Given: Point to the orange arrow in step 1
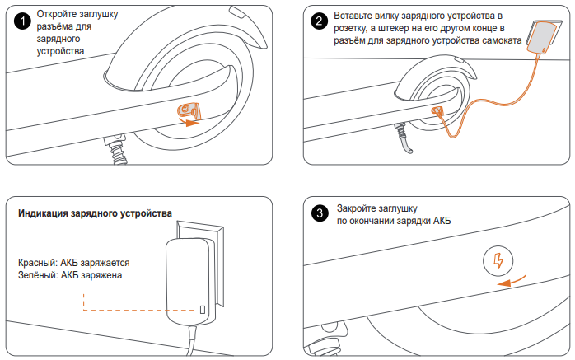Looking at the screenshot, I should (192, 123).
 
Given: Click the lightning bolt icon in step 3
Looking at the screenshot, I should (497, 262).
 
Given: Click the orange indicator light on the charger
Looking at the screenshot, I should (203, 310).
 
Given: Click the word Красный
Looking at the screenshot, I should (39, 263).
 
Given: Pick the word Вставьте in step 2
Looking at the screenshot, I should (358, 16).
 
